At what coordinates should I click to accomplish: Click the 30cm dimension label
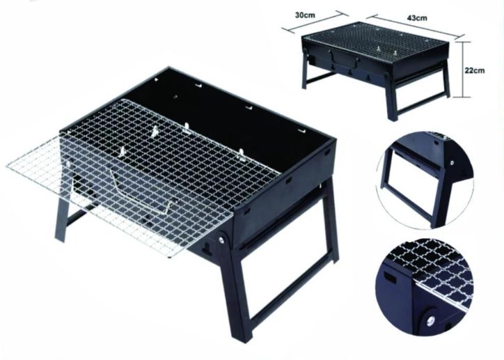305,15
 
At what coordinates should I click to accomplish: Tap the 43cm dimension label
417,17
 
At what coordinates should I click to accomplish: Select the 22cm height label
474,70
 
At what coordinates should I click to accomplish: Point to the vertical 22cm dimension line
462,69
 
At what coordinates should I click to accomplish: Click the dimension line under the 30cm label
315,22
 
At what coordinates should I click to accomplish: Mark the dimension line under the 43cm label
416,26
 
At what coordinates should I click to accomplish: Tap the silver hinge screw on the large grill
222,239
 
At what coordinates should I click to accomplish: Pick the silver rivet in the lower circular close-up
432,320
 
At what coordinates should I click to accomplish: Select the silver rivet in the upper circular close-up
452,163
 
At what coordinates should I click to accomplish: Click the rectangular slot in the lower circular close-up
391,276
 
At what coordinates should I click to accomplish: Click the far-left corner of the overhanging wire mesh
7,166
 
